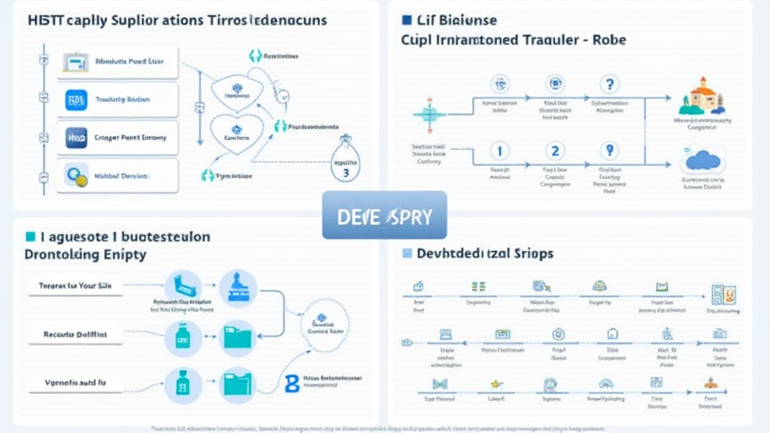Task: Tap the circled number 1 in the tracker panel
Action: pos(499,151)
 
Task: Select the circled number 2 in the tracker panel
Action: pos(555,151)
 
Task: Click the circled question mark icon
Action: pos(610,85)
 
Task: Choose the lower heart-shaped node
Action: pos(235,134)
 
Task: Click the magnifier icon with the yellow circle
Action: pos(76,176)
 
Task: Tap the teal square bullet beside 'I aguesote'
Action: pos(31,237)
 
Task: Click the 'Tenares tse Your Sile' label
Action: pos(75,286)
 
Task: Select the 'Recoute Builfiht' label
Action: pos(75,334)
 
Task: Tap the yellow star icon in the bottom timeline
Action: pos(496,384)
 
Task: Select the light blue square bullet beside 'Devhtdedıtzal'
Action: pos(408,253)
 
